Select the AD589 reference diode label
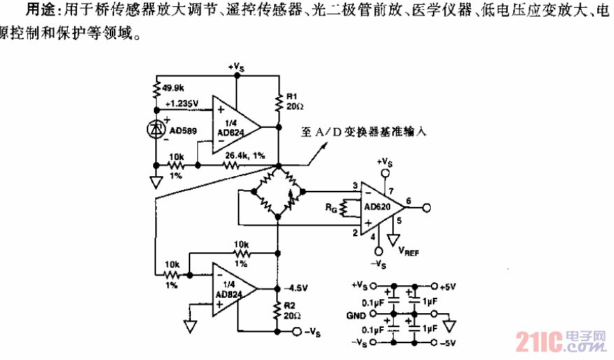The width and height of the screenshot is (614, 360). click(x=183, y=130)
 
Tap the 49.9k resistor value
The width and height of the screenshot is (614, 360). click(x=173, y=87)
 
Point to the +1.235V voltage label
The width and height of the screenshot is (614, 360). click(x=183, y=103)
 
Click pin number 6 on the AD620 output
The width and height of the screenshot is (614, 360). click(x=408, y=201)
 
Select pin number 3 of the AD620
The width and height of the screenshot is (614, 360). click(x=355, y=185)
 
